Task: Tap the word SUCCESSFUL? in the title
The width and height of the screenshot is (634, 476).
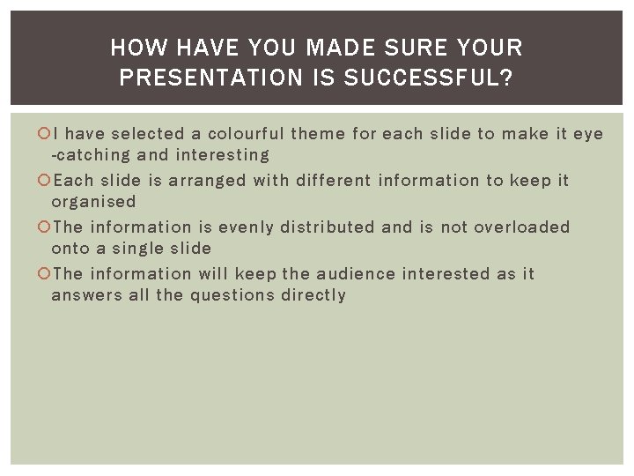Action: click(x=429, y=78)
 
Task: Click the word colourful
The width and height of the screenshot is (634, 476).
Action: click(x=246, y=134)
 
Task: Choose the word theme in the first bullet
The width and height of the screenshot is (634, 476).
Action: click(x=318, y=134)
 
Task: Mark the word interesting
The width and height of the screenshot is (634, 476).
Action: click(x=223, y=155)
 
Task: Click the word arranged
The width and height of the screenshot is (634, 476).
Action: click(x=207, y=181)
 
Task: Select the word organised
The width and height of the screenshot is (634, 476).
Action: click(x=93, y=202)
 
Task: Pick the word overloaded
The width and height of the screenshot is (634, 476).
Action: click(x=522, y=227)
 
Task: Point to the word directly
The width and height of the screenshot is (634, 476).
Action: click(x=313, y=295)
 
